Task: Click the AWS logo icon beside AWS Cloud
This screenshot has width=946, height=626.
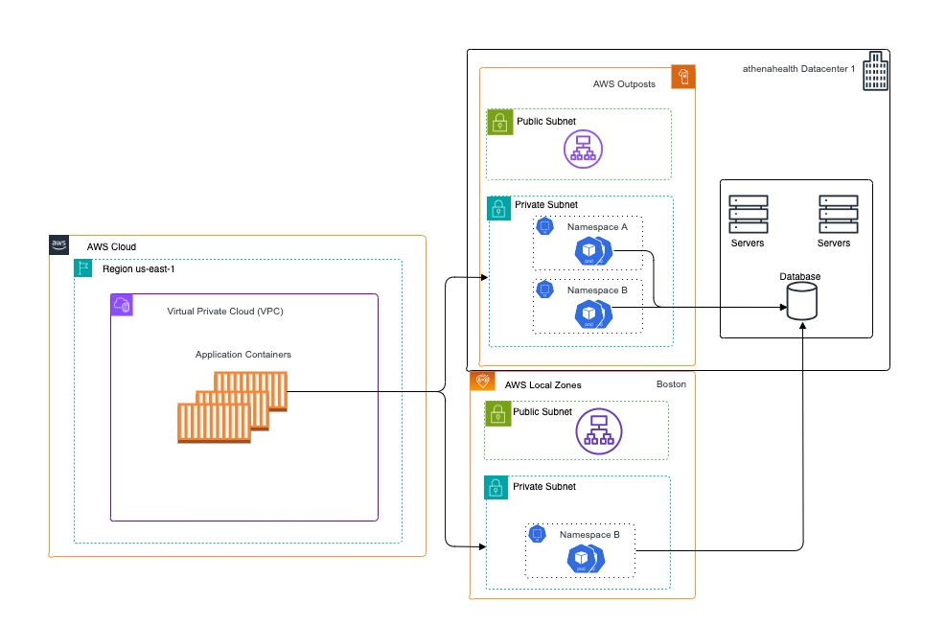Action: [x=59, y=245]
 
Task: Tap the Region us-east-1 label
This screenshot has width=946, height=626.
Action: [x=138, y=269]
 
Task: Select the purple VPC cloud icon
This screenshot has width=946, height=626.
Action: [x=122, y=305]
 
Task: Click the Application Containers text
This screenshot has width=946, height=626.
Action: [x=243, y=355]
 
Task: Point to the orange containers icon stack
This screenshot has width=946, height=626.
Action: [x=232, y=406]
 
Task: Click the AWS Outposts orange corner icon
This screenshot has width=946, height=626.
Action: [x=683, y=78]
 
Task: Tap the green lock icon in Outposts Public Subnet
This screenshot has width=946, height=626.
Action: [x=497, y=121]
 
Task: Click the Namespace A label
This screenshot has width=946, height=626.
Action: [x=597, y=227]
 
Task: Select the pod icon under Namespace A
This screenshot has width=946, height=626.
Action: [x=592, y=252]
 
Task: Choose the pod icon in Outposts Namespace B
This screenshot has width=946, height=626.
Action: [x=592, y=313]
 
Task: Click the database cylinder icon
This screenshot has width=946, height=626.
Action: [x=801, y=303]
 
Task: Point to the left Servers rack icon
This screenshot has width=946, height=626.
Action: [x=748, y=215]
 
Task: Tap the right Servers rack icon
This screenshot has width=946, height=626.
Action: [x=838, y=215]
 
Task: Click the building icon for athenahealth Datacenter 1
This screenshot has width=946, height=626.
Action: [x=875, y=73]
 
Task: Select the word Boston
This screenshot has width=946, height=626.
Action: [x=671, y=384]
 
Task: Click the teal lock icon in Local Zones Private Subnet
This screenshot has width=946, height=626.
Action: [x=496, y=487]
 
